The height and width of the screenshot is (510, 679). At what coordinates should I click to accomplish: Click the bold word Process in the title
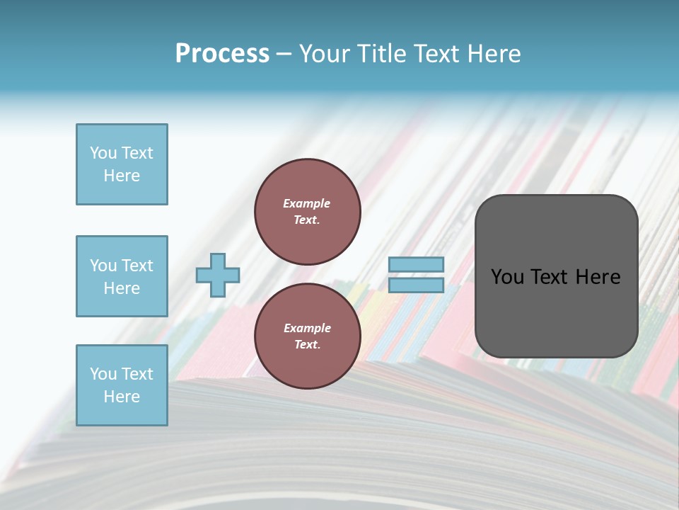(222, 54)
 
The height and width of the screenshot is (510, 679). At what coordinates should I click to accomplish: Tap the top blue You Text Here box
(122, 164)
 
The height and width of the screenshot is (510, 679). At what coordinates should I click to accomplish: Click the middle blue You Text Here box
(122, 276)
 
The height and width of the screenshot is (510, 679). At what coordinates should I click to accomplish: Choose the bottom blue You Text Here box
(122, 385)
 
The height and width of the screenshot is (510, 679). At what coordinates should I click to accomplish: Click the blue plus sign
(218, 275)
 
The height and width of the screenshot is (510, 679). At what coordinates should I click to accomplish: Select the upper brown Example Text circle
(307, 211)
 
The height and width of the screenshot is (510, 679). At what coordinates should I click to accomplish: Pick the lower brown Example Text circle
(307, 336)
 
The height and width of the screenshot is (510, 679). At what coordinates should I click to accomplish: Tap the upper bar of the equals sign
(416, 265)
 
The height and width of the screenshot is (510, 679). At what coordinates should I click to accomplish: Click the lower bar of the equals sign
(416, 285)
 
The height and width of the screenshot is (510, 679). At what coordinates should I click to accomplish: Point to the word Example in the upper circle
(306, 203)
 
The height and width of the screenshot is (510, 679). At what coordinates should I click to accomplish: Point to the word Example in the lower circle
(307, 328)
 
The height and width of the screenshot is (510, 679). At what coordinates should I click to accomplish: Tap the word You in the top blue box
(103, 153)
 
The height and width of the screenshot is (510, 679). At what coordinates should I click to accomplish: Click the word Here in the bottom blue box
(122, 397)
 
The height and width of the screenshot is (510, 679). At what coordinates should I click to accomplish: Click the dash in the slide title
(284, 54)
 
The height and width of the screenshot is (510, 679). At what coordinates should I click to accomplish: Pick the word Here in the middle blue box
(122, 288)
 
